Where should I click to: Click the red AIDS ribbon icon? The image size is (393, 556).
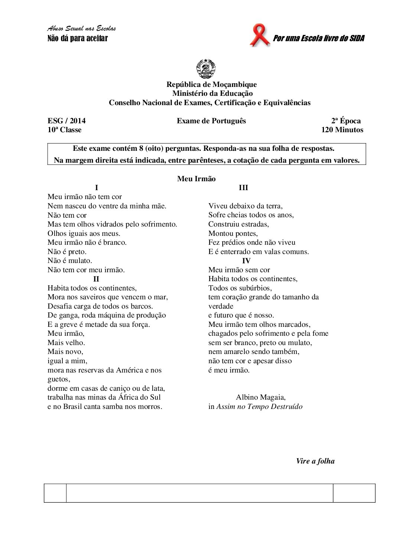click(x=259, y=35)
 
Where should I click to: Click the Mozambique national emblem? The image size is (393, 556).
click(x=206, y=68)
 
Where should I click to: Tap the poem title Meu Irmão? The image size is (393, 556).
click(x=196, y=179)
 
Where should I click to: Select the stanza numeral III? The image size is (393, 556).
click(x=243, y=188)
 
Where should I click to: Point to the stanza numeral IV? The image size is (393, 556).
click(x=246, y=261)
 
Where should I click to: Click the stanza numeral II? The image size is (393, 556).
click(x=96, y=279)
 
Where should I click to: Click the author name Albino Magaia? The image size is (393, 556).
click(x=261, y=397)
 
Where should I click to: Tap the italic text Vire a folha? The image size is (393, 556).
click(x=315, y=461)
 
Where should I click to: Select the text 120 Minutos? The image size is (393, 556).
click(x=342, y=130)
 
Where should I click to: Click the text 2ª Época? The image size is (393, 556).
click(x=346, y=121)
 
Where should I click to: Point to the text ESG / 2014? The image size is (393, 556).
click(x=66, y=121)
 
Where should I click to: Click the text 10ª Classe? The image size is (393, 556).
click(x=64, y=130)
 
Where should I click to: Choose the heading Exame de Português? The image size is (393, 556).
click(x=211, y=121)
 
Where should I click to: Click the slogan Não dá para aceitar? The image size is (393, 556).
click(x=78, y=38)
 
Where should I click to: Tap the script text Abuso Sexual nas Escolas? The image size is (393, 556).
click(x=82, y=29)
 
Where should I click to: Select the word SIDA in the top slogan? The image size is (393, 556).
click(x=357, y=38)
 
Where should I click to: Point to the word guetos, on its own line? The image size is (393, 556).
click(x=59, y=379)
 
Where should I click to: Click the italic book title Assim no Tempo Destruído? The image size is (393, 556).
click(x=259, y=407)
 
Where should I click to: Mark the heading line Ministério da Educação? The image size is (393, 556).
click(x=212, y=94)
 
